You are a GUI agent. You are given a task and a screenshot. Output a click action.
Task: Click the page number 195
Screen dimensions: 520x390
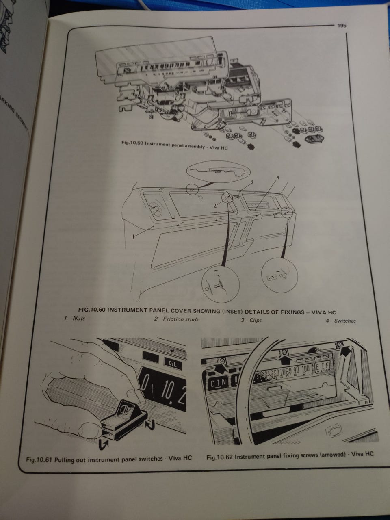[341, 25]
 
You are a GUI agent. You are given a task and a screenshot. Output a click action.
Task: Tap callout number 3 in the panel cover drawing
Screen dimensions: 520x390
[252, 182]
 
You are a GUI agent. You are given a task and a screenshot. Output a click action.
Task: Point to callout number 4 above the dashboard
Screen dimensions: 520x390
[278, 178]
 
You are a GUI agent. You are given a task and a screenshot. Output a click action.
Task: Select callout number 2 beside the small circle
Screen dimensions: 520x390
[216, 205]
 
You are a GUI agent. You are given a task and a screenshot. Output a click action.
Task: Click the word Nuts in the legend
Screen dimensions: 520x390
[79, 318]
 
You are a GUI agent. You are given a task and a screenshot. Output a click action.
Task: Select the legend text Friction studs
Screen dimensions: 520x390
[181, 319]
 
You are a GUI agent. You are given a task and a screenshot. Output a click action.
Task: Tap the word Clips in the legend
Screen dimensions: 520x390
[256, 320]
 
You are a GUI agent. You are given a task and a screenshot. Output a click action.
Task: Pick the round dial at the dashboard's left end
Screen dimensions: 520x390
[155, 209]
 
